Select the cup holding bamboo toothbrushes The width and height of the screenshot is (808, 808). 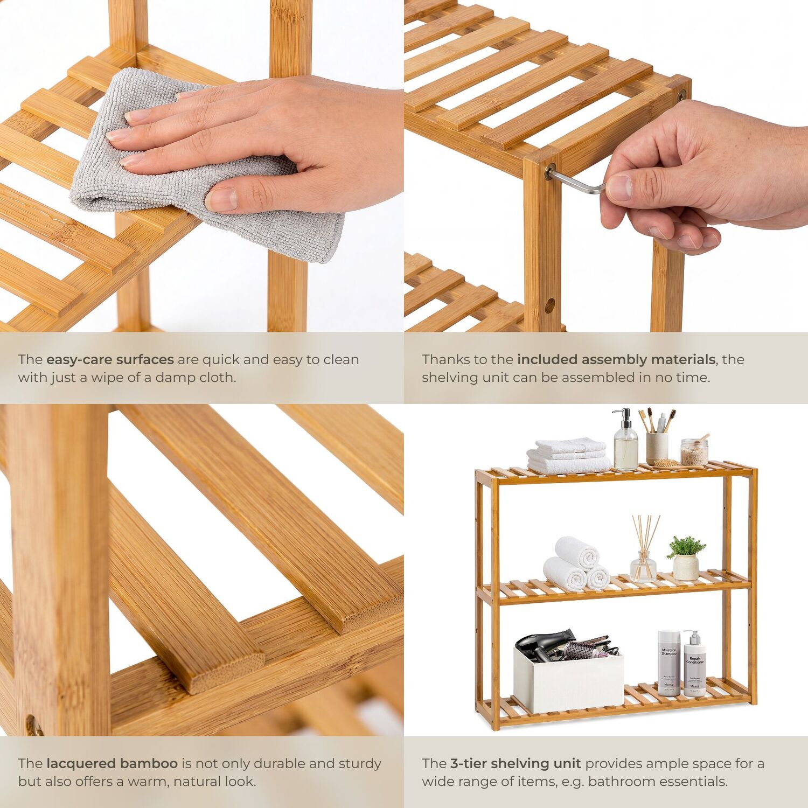657,447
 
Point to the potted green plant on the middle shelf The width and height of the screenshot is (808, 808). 686,558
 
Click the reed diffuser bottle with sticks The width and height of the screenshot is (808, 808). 644,549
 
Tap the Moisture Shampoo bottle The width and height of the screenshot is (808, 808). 669,663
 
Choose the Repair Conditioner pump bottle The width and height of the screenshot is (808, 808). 694,664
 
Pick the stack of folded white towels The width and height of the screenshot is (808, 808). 569,456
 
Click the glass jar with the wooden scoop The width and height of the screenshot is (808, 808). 694,451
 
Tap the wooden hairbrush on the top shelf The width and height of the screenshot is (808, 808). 666,463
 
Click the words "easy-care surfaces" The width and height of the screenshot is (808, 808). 110,360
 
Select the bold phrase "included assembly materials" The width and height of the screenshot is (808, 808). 616,360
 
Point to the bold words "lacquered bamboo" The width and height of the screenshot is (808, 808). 112,764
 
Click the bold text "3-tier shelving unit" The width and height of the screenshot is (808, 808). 516,764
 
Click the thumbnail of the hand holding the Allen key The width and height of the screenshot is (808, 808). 606,166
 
